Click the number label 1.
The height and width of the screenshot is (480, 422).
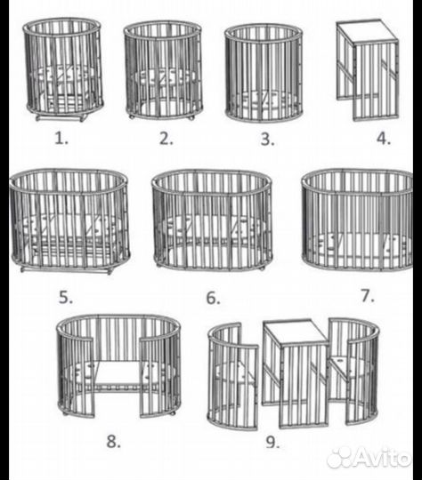(61, 139)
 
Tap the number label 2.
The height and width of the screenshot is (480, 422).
(166, 139)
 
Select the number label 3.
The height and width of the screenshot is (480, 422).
(267, 140)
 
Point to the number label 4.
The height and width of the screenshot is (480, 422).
(384, 139)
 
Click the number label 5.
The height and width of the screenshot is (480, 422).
(66, 298)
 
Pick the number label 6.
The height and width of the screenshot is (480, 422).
(213, 298)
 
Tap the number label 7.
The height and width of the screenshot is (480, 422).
(368, 296)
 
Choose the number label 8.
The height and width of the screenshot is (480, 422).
(113, 442)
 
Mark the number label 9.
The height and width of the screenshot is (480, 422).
(272, 442)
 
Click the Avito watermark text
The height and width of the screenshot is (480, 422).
(383, 459)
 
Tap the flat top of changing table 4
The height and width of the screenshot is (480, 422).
(367, 31)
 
